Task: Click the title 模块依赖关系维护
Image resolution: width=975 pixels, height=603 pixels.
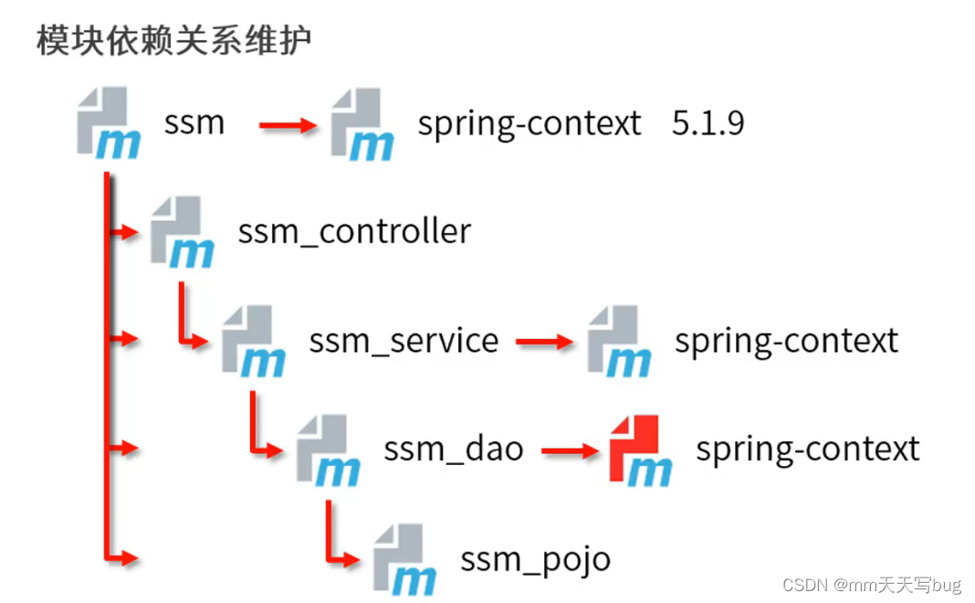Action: pyautogui.click(x=173, y=41)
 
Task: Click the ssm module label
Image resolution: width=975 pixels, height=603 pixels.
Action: pyautogui.click(x=194, y=122)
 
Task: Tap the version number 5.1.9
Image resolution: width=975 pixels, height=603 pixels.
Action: pyautogui.click(x=708, y=122)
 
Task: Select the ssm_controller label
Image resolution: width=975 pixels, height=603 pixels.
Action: pyautogui.click(x=354, y=231)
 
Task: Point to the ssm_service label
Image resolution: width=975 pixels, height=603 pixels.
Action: pyautogui.click(x=404, y=341)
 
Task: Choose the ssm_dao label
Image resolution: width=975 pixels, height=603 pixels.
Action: pyautogui.click(x=454, y=449)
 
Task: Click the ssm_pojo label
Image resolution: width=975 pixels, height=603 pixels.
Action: pyautogui.click(x=535, y=558)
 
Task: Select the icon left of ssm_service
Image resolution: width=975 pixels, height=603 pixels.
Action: pyautogui.click(x=254, y=342)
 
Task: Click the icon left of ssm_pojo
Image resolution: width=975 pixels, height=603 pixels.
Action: pyautogui.click(x=404, y=559)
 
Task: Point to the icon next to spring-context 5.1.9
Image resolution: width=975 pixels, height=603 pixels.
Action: pyautogui.click(x=362, y=124)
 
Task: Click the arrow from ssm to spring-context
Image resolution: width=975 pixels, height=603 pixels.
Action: pyautogui.click(x=287, y=125)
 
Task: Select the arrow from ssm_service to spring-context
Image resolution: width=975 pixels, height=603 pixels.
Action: pyautogui.click(x=544, y=343)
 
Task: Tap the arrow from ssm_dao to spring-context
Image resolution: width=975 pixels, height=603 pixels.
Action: pyautogui.click(x=570, y=450)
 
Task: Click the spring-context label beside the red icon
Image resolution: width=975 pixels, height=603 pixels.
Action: pyautogui.click(x=808, y=449)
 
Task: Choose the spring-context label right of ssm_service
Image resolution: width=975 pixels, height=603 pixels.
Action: pyautogui.click(x=786, y=341)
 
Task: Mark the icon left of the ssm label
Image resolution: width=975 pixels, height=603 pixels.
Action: pyautogui.click(x=108, y=124)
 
